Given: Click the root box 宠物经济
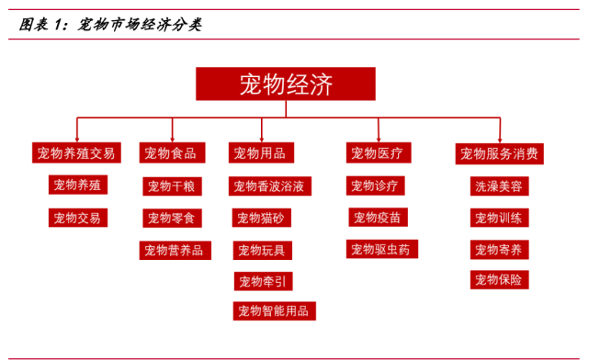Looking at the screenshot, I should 285,84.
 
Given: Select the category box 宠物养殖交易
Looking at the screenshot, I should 76,153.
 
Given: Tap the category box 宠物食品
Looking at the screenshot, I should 171,153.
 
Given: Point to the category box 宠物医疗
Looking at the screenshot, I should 378,153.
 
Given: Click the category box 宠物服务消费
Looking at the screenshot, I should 500,153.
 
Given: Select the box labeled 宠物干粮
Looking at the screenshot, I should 171,186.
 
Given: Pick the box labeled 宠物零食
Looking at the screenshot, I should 172,219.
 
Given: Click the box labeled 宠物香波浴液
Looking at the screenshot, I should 268,186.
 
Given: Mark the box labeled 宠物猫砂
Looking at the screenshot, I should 261,219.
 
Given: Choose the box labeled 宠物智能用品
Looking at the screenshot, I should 274,310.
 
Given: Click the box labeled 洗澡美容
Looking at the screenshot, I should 499,186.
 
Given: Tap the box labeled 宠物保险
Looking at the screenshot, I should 500,279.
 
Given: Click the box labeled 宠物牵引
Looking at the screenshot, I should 262,280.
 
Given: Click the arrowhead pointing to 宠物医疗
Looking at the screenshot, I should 378,137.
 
